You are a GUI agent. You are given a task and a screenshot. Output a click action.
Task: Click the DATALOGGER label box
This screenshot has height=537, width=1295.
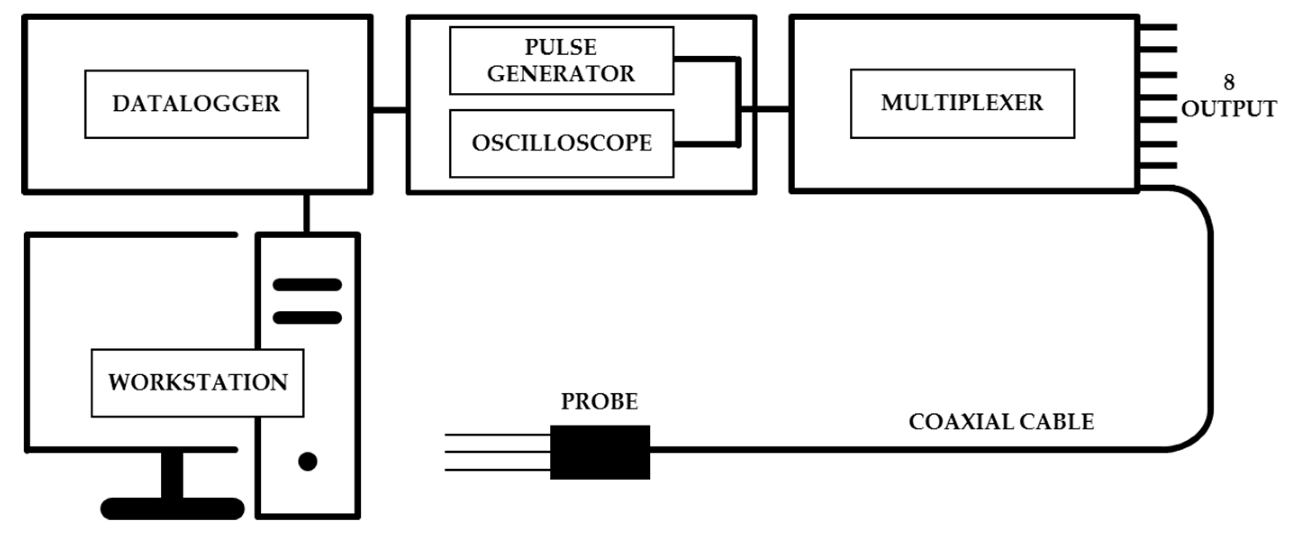point(196,104)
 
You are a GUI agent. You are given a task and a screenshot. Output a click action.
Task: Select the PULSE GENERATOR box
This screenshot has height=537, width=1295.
point(561,60)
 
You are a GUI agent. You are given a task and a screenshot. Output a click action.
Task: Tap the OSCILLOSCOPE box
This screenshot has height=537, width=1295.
point(561,143)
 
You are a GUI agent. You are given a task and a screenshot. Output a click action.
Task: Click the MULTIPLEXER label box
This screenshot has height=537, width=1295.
point(962,104)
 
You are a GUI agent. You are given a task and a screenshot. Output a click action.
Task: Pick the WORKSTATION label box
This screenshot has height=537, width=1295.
point(197,382)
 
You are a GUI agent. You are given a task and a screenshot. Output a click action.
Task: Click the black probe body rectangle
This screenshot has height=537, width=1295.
point(599,451)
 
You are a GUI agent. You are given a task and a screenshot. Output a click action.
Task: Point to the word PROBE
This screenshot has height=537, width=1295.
point(599,401)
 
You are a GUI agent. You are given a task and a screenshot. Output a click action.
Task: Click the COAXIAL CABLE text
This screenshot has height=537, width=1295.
point(1001,421)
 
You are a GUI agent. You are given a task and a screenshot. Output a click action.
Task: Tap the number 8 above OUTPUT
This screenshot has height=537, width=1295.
point(1228,82)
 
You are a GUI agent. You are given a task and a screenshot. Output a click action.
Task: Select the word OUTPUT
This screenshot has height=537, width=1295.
point(1228,109)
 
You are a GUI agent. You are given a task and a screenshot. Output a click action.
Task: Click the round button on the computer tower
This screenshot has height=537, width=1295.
point(307,460)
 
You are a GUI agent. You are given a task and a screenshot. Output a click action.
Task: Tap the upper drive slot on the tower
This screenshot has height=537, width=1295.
point(307,285)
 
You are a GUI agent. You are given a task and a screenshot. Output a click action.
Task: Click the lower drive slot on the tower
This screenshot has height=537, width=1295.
point(307,317)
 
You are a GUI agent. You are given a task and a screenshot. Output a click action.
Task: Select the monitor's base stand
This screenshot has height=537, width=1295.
point(172,508)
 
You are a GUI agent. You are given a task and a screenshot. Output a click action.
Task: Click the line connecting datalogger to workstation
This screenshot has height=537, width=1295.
point(306,213)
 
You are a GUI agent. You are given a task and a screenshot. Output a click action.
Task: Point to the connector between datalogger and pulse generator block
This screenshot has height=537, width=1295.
point(389,109)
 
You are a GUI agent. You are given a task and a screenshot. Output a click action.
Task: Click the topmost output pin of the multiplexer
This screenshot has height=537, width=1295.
point(1158,27)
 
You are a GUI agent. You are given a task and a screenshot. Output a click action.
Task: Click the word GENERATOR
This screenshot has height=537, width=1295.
point(561,74)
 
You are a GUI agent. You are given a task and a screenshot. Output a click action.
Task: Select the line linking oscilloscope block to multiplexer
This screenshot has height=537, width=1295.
point(764,108)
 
